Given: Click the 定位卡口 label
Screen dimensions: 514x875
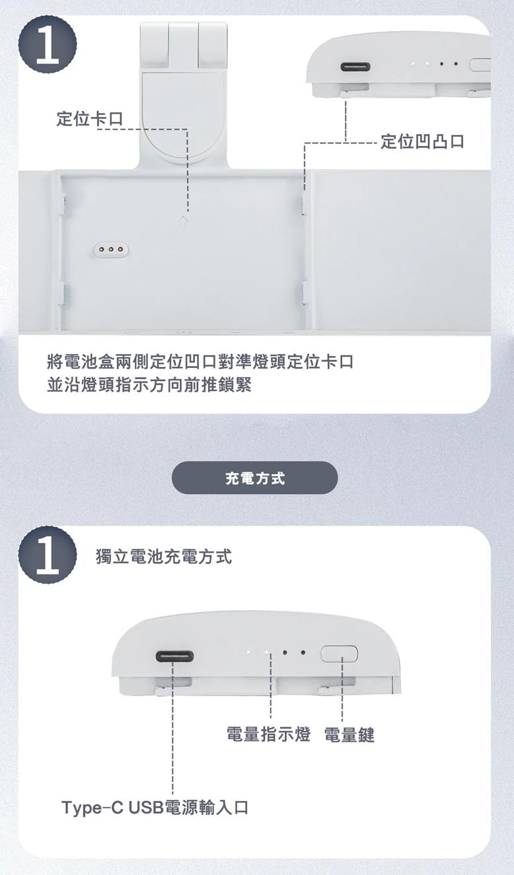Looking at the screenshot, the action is pyautogui.click(x=90, y=118).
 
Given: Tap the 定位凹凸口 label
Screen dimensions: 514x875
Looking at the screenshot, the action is pyautogui.click(x=423, y=141).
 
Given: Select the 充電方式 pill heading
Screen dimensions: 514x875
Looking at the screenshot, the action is pyautogui.click(x=255, y=477).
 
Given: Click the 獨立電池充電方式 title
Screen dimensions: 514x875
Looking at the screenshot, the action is pyautogui.click(x=163, y=556).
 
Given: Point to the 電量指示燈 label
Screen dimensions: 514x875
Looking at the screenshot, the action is pyautogui.click(x=268, y=734).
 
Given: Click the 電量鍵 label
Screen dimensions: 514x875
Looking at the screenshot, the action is pyautogui.click(x=349, y=734).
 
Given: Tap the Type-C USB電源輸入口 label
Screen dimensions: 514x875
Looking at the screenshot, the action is pyautogui.click(x=155, y=807).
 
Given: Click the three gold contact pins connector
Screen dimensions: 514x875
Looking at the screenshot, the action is pyautogui.click(x=111, y=249).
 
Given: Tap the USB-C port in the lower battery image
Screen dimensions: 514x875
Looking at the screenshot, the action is pyautogui.click(x=174, y=656).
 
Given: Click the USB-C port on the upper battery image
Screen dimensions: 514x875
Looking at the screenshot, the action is pyautogui.click(x=355, y=67).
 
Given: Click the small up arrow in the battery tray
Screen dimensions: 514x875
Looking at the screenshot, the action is pyautogui.click(x=183, y=220).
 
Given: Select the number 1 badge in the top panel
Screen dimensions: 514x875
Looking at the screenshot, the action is pyautogui.click(x=48, y=44).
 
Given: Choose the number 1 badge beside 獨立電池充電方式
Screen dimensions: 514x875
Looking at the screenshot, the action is pyautogui.click(x=48, y=555).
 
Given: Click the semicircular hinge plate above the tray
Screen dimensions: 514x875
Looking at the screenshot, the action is pyautogui.click(x=183, y=117).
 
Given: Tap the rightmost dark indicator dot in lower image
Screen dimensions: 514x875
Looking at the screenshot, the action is pyautogui.click(x=303, y=652).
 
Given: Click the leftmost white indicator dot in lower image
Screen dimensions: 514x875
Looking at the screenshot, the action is pyautogui.click(x=248, y=652).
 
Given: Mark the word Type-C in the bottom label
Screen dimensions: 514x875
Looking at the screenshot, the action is pyautogui.click(x=92, y=808).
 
